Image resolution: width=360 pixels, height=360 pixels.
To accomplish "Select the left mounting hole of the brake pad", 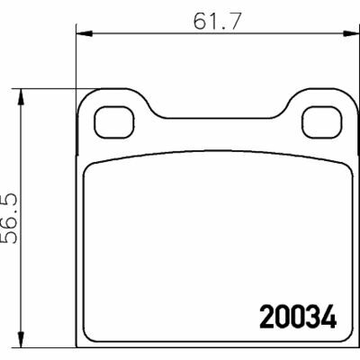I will tap(112, 117).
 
